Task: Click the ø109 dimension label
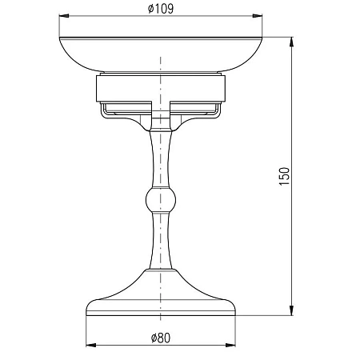coord(161,9)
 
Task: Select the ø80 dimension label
coord(161,338)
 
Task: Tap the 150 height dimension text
coord(284,176)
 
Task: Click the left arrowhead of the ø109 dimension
coord(64,16)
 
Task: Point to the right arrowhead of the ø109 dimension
coord(258,16)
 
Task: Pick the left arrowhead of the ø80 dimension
coord(91,346)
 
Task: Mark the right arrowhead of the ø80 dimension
coord(230,346)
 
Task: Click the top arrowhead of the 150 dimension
coord(291,42)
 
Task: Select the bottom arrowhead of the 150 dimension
coord(291,310)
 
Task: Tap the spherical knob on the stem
coord(161,200)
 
